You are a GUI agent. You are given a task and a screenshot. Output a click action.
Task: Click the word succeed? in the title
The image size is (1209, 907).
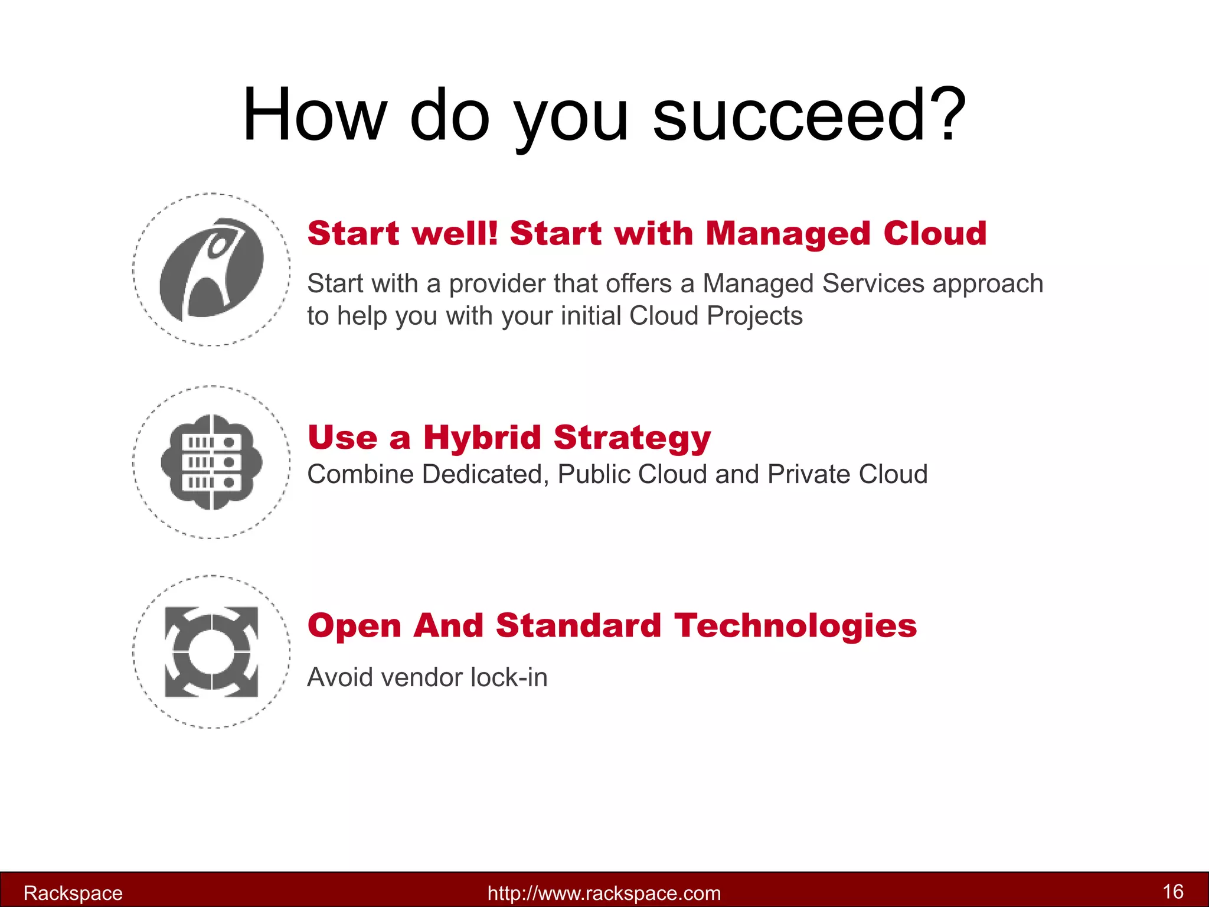click(x=809, y=115)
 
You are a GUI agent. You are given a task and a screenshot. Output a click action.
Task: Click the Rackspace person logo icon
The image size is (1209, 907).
click(x=211, y=269)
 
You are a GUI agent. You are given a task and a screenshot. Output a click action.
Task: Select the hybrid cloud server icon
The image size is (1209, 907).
click(x=211, y=462)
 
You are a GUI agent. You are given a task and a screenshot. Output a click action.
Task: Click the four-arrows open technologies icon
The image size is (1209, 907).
click(x=211, y=651)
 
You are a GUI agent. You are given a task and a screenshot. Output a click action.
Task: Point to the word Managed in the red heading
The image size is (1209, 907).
click(x=788, y=234)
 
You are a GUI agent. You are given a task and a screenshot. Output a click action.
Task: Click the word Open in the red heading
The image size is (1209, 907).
click(x=354, y=626)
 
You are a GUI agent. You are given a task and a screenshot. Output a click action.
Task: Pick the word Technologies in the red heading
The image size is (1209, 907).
click(x=795, y=626)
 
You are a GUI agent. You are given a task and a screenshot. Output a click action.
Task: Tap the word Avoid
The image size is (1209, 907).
click(x=339, y=677)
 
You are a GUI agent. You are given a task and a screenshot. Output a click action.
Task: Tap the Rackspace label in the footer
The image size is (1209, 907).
click(x=73, y=893)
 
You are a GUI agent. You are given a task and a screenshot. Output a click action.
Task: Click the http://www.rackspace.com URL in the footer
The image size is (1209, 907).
click(x=604, y=893)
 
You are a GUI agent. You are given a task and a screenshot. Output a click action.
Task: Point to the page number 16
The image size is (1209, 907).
click(x=1172, y=891)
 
